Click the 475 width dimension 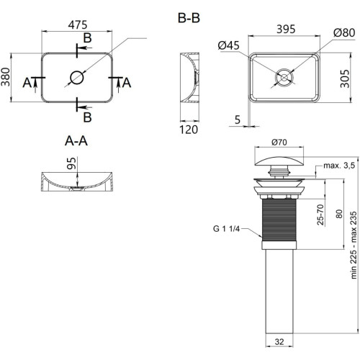[x=78, y=24]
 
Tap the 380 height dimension [x=6, y=77]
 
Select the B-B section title [x=189, y=18]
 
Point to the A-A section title [x=76, y=141]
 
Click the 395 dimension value [x=286, y=30]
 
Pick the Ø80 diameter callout [x=344, y=32]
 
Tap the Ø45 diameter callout [x=229, y=45]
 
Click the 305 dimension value [x=345, y=78]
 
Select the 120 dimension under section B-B [x=189, y=130]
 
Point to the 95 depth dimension [x=71, y=163]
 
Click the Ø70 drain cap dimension [x=279, y=143]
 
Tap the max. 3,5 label [x=339, y=166]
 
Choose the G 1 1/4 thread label [x=226, y=229]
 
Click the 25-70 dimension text [x=320, y=215]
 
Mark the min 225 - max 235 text [x=354, y=245]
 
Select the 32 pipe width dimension [x=279, y=341]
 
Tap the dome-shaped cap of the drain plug [x=279, y=161]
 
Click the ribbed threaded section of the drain [x=279, y=220]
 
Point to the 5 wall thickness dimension [x=238, y=120]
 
